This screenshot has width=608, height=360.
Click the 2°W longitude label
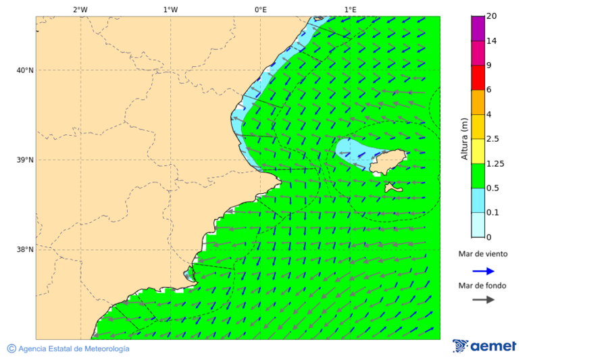pos(80,9)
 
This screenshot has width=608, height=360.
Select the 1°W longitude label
pos(170,9)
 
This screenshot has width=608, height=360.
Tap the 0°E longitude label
pos(260,9)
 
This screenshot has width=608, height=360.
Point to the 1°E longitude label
pos(350,9)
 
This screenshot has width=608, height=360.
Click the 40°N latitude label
pos(24,70)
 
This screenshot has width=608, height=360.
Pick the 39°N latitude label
pos(24,160)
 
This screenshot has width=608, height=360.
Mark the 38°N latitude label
pos(24,249)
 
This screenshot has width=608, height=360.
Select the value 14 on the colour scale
pos(492,41)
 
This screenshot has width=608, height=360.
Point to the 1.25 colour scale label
pos(496,163)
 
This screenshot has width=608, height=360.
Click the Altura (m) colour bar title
pos(464,139)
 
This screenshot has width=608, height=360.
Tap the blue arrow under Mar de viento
pos(483,271)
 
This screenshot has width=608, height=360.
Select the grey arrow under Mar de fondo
pos(483,300)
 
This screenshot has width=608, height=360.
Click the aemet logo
pos(484,346)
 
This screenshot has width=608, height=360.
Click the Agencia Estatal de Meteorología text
pos(68,349)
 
